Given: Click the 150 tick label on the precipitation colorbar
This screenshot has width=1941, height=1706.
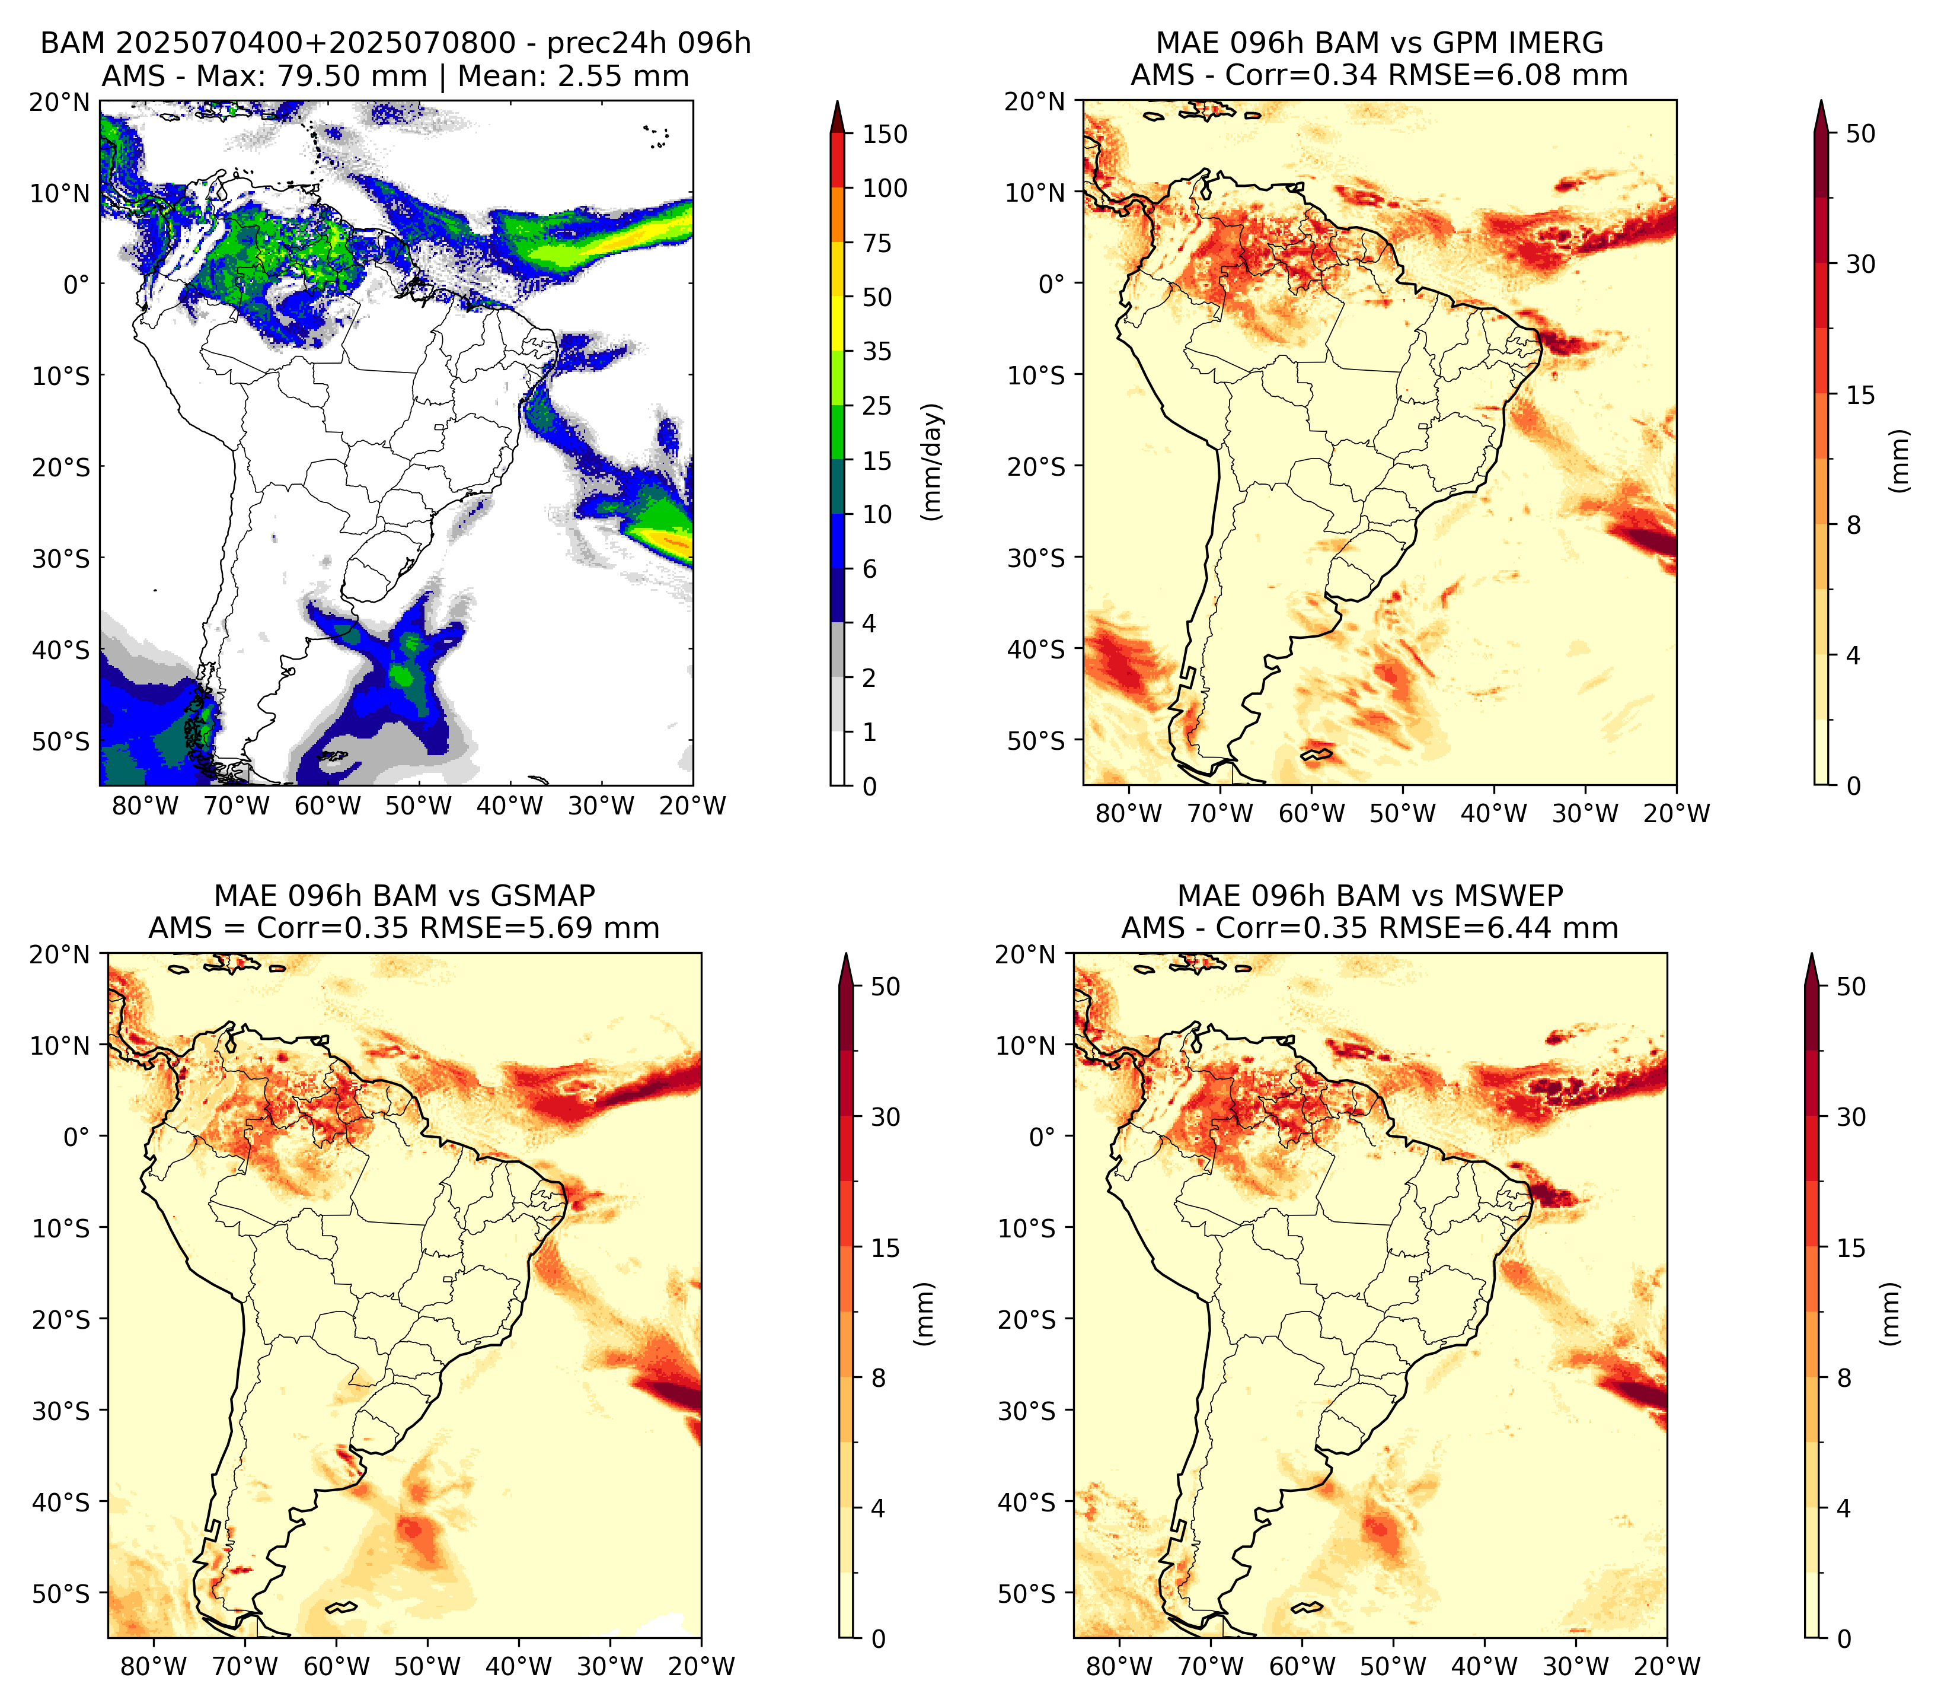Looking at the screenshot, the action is click(885, 134).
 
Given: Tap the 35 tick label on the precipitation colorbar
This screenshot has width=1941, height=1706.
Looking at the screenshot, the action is click(877, 351).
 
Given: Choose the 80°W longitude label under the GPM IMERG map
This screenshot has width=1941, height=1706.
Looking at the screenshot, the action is click(1129, 814).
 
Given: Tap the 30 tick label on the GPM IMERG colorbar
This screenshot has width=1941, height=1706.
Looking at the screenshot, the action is click(1861, 264).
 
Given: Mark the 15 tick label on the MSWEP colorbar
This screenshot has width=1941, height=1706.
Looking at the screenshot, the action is click(1851, 1248).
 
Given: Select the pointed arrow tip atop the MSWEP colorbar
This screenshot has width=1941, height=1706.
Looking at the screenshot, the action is click(1812, 956).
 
